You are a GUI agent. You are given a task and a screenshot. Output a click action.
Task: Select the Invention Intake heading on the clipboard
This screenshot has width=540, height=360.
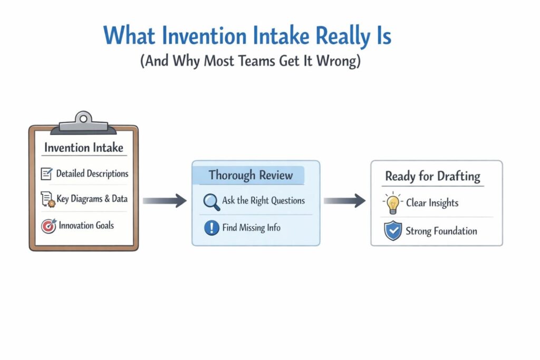[x=84, y=147]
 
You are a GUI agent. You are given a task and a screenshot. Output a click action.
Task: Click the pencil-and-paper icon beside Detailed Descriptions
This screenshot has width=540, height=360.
[x=47, y=173]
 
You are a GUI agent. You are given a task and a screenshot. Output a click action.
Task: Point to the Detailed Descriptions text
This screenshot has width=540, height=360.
[x=92, y=173]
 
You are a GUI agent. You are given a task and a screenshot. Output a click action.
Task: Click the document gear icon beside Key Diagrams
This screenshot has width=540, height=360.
[x=48, y=199]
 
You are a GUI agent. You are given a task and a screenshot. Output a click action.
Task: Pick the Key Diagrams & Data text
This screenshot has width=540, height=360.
[x=92, y=199]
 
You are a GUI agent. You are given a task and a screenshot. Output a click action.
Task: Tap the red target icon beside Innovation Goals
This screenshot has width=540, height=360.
[x=47, y=226]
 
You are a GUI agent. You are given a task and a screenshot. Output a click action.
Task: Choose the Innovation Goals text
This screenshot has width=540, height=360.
[x=86, y=226]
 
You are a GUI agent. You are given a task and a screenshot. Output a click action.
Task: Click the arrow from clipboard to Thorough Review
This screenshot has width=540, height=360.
[x=165, y=200]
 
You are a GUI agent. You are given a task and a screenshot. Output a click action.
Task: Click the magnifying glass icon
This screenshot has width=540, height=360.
[x=211, y=201]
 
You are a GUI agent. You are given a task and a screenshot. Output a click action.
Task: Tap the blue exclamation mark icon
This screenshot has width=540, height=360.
[x=211, y=228]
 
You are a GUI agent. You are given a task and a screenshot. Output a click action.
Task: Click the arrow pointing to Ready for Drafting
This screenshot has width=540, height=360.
[x=344, y=200]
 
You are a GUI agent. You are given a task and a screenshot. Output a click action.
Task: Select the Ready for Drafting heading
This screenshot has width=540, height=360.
[x=432, y=176]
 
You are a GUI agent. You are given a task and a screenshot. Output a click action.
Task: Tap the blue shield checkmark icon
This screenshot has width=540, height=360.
[x=393, y=231]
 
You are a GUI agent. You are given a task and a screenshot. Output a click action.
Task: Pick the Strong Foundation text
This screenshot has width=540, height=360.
[x=441, y=231]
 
